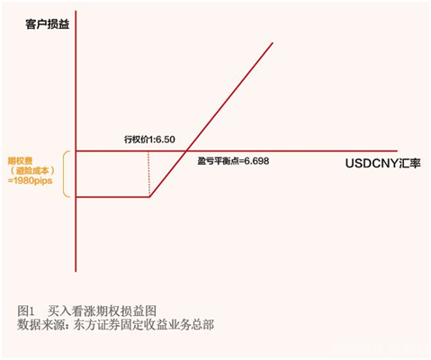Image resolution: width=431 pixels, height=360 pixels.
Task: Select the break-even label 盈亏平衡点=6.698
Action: tap(233, 162)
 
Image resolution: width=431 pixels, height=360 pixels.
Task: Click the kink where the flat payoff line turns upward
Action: tap(149, 196)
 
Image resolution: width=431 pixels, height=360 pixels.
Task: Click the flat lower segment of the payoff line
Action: tap(112, 196)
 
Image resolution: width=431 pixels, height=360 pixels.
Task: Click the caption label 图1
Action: tap(26, 309)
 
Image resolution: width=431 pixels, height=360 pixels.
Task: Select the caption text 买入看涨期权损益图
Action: tap(106, 309)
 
